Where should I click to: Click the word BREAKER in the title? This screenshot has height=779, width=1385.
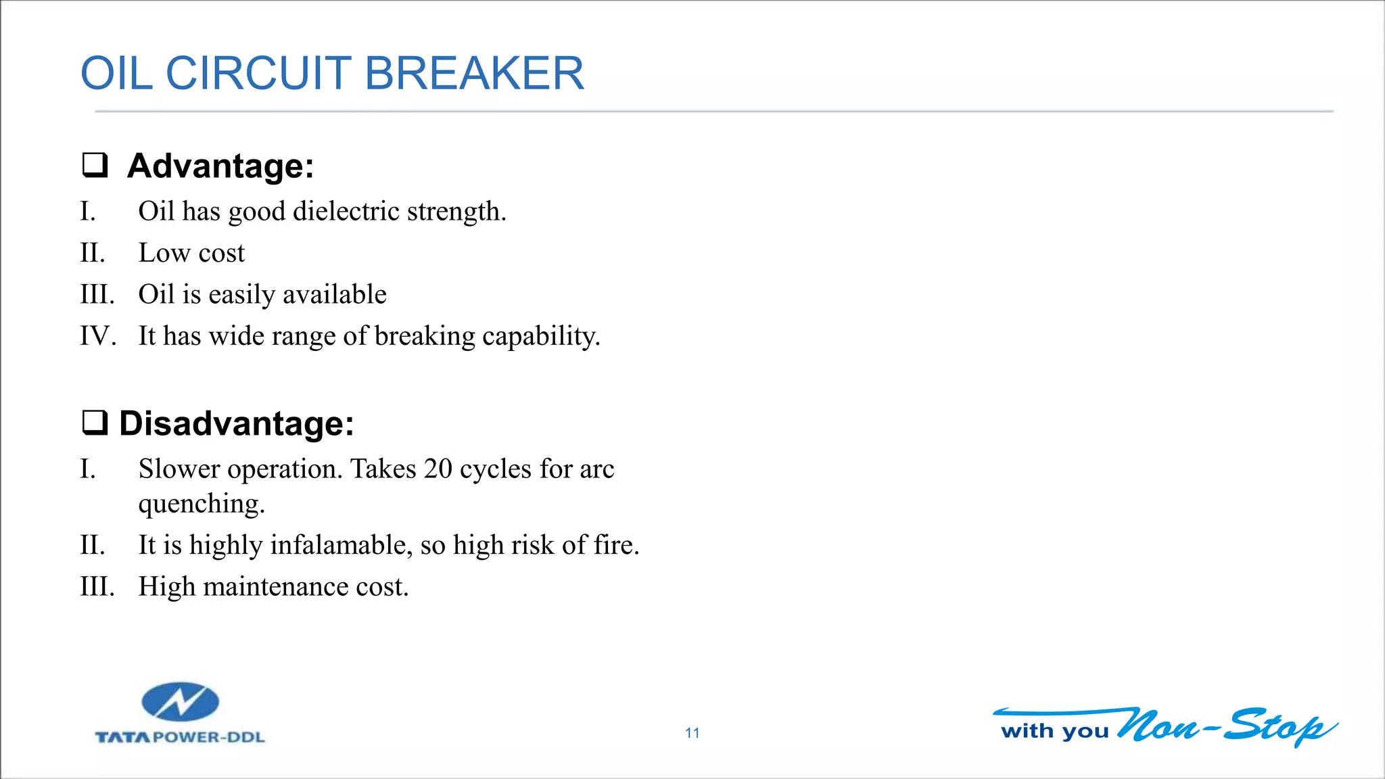[x=473, y=73]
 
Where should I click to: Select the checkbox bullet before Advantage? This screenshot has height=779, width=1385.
[x=95, y=165]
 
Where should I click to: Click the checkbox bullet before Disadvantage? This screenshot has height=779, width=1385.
[x=95, y=423]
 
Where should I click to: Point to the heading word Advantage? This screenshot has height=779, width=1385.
[x=220, y=166]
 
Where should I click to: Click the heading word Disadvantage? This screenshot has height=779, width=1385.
[x=236, y=424]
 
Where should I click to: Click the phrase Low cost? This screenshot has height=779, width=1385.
[x=191, y=253]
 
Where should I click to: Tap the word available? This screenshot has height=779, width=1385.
[x=334, y=295]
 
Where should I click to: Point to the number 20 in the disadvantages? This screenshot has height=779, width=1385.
[x=438, y=469]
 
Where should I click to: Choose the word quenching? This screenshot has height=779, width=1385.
[x=201, y=504]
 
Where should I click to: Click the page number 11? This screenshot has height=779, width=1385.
[x=692, y=733]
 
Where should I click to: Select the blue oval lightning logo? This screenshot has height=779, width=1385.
[x=180, y=702]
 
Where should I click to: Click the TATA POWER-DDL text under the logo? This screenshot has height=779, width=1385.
[x=180, y=737]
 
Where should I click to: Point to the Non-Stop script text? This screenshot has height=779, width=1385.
[x=1224, y=726]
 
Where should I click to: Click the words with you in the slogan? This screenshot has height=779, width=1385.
[x=1054, y=731]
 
